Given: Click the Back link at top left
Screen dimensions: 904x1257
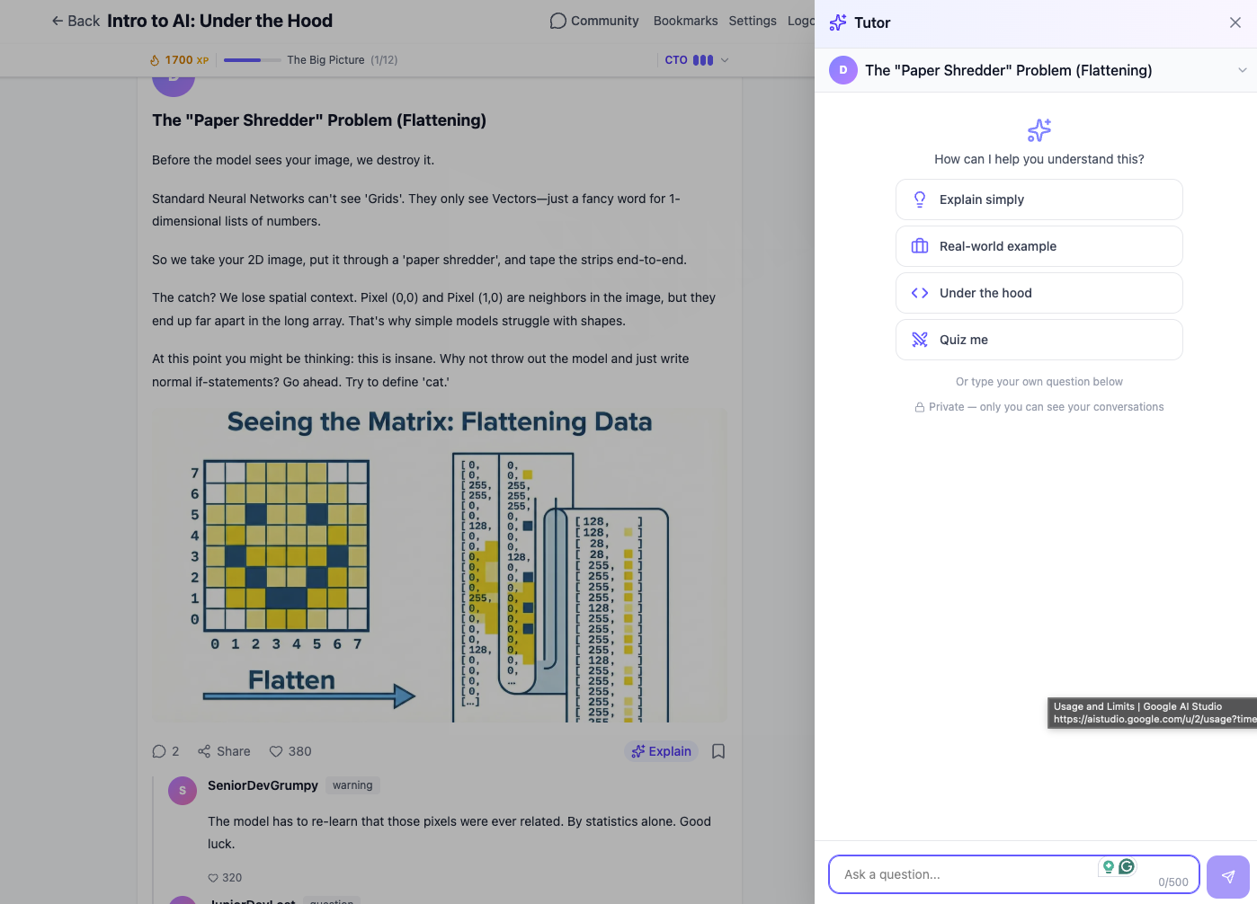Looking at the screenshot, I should pyautogui.click(x=76, y=21).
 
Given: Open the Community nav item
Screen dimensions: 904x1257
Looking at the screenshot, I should pyautogui.click(x=594, y=21).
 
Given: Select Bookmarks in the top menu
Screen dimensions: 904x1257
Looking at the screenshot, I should pyautogui.click(x=685, y=21).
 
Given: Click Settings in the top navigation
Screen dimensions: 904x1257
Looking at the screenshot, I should pyautogui.click(x=752, y=21).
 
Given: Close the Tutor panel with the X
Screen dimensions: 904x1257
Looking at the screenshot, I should pyautogui.click(x=1235, y=22).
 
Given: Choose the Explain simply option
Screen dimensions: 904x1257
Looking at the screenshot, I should pyautogui.click(x=1039, y=199).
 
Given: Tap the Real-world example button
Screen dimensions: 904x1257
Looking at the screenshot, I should pyautogui.click(x=1039, y=246).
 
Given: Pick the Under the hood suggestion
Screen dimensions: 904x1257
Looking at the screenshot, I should pyautogui.click(x=1039, y=293).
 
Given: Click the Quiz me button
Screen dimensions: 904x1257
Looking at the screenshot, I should pyautogui.click(x=1039, y=340).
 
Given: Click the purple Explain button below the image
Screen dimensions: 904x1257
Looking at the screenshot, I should pyautogui.click(x=661, y=751).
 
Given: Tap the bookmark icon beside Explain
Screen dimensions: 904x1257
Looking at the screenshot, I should pyautogui.click(x=718, y=751).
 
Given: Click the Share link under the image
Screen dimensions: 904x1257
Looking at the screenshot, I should pyautogui.click(x=224, y=751).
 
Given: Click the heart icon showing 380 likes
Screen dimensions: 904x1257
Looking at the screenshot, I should pyautogui.click(x=277, y=751).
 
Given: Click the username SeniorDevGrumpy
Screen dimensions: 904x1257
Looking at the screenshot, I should pyautogui.click(x=263, y=785).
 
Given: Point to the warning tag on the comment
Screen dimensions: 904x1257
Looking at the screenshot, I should pyautogui.click(x=352, y=785).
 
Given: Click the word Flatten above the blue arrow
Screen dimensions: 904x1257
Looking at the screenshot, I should pyautogui.click(x=291, y=680).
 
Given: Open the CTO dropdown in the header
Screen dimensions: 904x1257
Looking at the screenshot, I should pyautogui.click(x=696, y=60).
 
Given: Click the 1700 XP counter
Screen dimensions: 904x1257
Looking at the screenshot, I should pyautogui.click(x=179, y=60).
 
